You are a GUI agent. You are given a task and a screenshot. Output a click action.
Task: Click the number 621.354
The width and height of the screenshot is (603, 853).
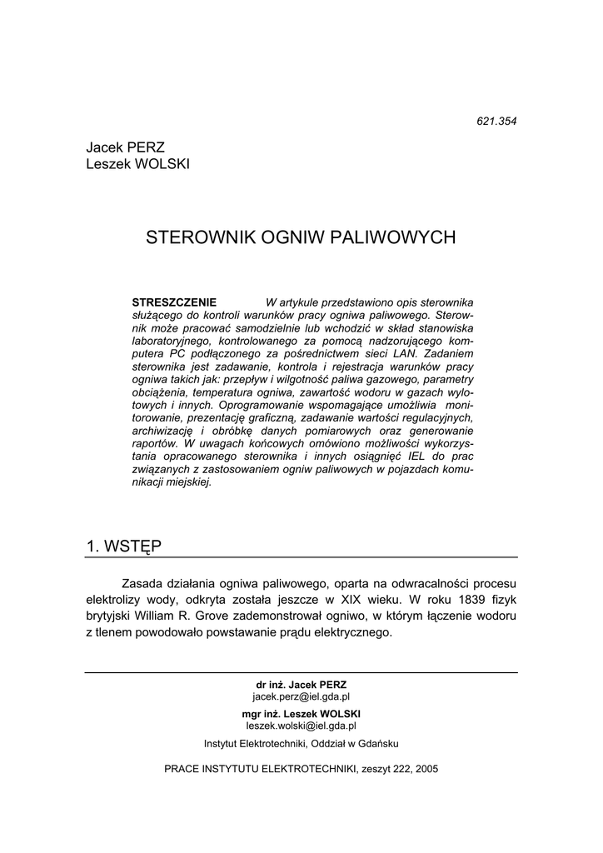[x=496, y=121]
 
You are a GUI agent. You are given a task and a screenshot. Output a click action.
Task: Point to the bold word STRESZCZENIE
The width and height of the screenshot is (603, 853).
[x=174, y=302]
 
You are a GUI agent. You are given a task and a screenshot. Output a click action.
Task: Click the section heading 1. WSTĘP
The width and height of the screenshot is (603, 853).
[x=124, y=546]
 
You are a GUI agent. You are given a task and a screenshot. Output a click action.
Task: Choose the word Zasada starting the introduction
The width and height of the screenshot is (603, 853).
[x=142, y=582]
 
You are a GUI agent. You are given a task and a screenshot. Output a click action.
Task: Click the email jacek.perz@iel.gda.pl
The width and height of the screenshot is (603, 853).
[x=301, y=696]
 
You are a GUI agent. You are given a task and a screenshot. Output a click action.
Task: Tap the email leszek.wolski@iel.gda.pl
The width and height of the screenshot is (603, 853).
[x=301, y=726]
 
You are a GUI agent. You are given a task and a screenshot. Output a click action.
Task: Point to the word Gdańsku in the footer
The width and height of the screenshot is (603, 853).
[x=379, y=743]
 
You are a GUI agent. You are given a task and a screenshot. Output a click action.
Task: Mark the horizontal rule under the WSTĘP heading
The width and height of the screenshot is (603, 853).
[x=301, y=556]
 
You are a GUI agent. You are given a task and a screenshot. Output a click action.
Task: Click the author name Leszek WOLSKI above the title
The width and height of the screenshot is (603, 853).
[x=137, y=164]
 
